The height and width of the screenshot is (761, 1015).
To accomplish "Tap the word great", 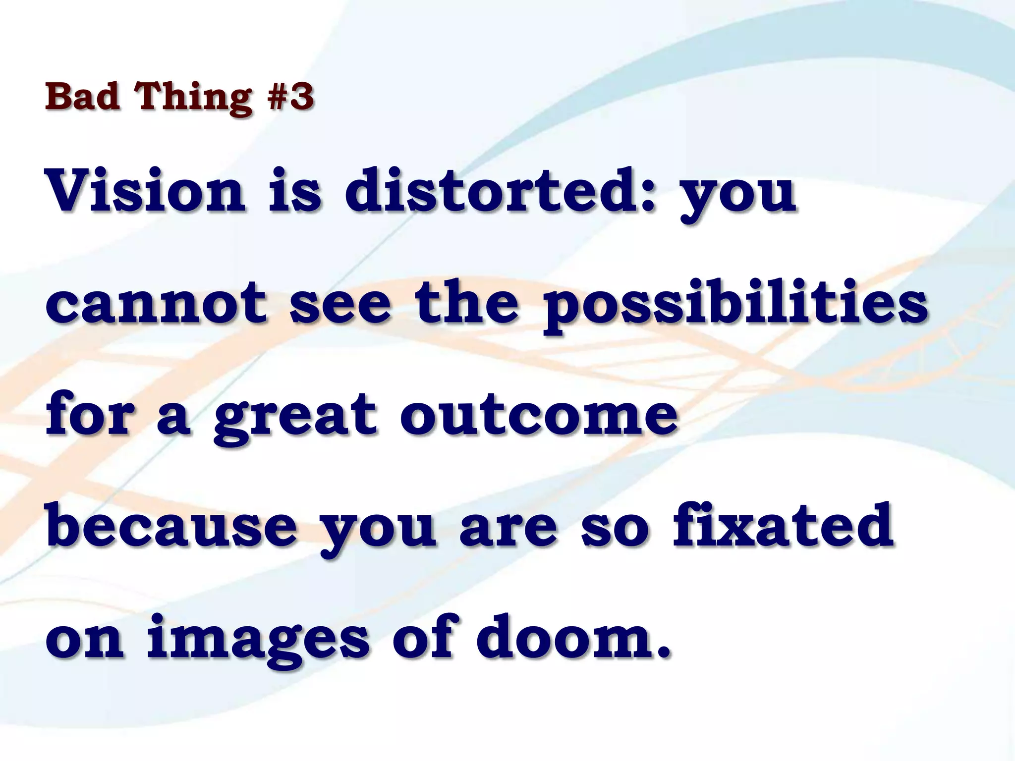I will [x=295, y=416].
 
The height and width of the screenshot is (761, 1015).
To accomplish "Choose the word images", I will [x=258, y=639].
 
